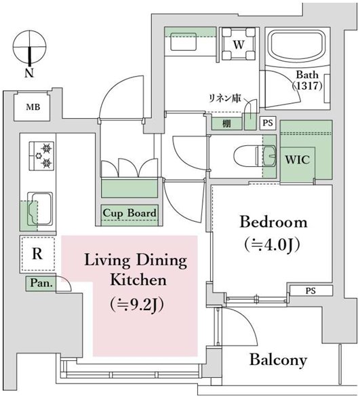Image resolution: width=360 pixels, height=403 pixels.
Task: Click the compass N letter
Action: [x=30, y=73]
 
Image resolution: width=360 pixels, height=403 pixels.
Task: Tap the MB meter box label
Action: [x=33, y=107]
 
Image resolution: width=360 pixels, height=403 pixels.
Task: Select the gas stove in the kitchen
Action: [x=41, y=155]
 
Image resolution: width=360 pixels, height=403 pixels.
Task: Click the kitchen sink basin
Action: [x=40, y=209]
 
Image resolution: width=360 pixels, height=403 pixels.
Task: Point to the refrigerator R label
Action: [x=37, y=254]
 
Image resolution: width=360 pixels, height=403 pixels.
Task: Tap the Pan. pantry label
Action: [x=41, y=283]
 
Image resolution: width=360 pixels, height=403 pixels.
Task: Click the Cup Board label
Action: [x=129, y=213]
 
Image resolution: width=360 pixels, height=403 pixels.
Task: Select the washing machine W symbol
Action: [x=239, y=44]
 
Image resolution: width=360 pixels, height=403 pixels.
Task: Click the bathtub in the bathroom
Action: [x=297, y=46]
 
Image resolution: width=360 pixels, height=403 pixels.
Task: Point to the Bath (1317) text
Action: [x=307, y=80]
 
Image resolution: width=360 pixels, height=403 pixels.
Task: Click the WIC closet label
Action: [x=297, y=159]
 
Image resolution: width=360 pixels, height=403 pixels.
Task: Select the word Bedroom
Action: [x=273, y=222]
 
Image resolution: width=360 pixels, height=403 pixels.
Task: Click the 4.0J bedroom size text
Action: [x=272, y=245]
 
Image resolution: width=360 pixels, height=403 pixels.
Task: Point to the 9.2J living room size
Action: [x=137, y=305]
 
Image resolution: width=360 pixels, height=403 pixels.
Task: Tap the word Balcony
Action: [x=279, y=360]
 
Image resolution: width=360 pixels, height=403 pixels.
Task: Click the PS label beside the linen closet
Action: [x=268, y=123]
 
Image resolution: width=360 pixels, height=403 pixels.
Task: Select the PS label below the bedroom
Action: [x=311, y=291]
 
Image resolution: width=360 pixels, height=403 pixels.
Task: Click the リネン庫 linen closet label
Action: [x=225, y=98]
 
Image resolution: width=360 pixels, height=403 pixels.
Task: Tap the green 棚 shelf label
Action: [x=226, y=124]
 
